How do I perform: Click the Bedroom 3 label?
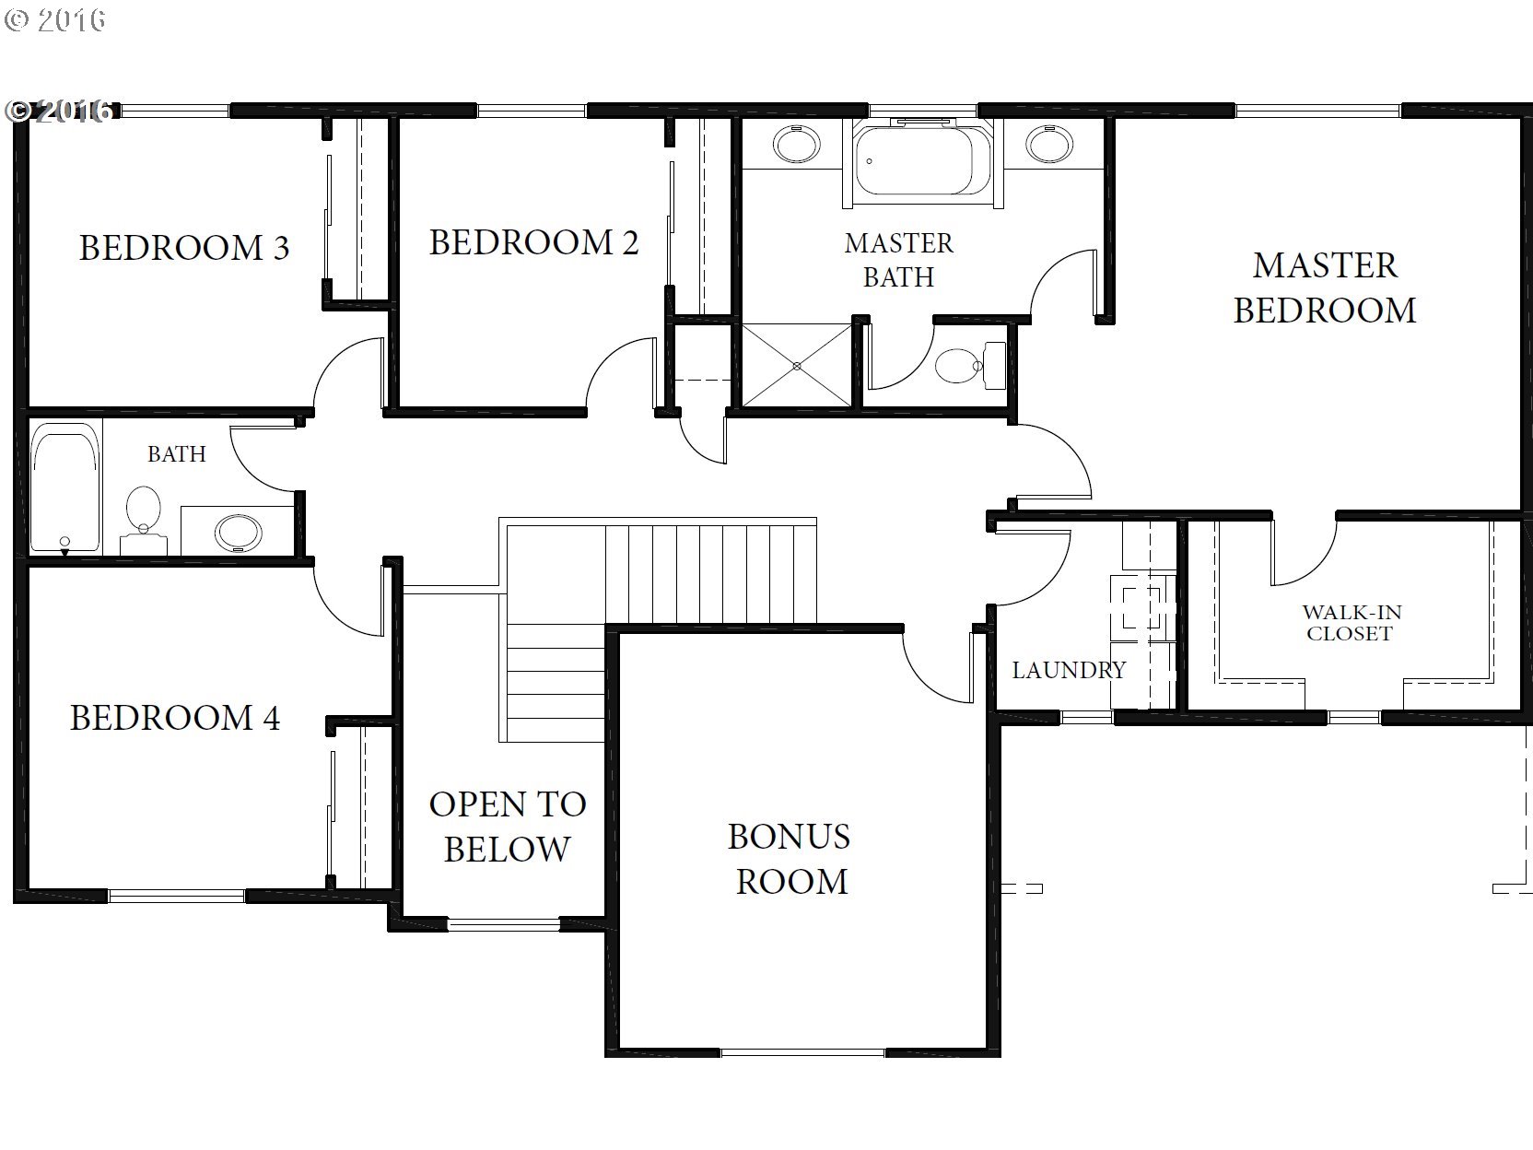183,248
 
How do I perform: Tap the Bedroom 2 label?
533,243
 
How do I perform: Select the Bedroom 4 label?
175,718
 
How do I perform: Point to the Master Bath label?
898,260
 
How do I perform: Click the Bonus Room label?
790,859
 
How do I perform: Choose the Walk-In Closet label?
1352,623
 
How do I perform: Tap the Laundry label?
1069,670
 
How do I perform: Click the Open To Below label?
508,827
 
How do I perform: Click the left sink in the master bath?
796,145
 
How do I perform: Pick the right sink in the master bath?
1049,145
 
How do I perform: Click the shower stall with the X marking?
797,365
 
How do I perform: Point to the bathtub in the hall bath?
65,487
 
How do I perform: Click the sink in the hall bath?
239,533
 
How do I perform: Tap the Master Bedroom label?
1325,287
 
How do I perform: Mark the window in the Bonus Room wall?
802,1052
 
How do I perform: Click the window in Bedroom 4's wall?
177,896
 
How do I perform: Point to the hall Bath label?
177,454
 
